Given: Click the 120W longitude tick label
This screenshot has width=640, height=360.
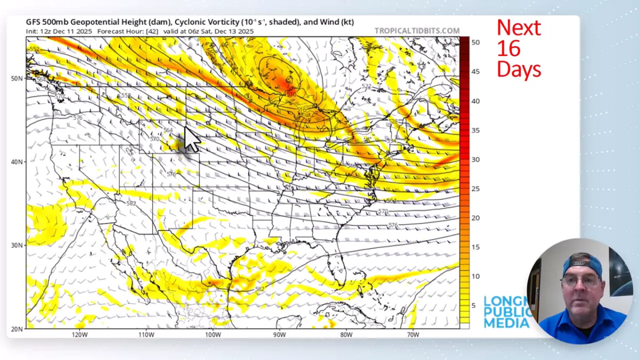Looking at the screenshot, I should pyautogui.click(x=79, y=335).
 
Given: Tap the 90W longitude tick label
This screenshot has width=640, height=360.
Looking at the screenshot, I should pyautogui.click(x=279, y=335).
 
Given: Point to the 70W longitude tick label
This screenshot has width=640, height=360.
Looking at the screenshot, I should pyautogui.click(x=413, y=335).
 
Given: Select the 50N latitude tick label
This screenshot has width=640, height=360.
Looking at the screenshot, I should pyautogui.click(x=17, y=78).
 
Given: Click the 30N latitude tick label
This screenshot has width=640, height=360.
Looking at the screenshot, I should pyautogui.click(x=17, y=245).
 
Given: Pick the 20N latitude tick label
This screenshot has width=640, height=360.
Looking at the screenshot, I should pyautogui.click(x=17, y=329).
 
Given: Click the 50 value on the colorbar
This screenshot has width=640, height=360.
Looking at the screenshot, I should pyautogui.click(x=476, y=42).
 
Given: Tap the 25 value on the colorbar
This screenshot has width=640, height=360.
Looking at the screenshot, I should pyautogui.click(x=476, y=188).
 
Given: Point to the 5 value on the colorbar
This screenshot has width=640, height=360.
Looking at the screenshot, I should pyautogui.click(x=474, y=305).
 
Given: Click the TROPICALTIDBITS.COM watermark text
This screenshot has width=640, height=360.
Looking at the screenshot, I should pyautogui.click(x=417, y=31).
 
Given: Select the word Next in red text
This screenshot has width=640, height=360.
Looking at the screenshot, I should pyautogui.click(x=518, y=28).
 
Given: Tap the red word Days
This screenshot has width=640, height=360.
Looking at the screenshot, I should pyautogui.click(x=518, y=69).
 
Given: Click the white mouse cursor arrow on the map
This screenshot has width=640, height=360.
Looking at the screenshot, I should pyautogui.click(x=191, y=139).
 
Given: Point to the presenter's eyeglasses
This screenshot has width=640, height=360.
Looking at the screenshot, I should pyautogui.click(x=581, y=281).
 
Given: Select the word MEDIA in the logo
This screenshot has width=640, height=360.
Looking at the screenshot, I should pyautogui.click(x=506, y=323).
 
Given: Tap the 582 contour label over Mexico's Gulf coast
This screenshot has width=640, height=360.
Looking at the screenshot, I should pyautogui.click(x=259, y=289).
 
